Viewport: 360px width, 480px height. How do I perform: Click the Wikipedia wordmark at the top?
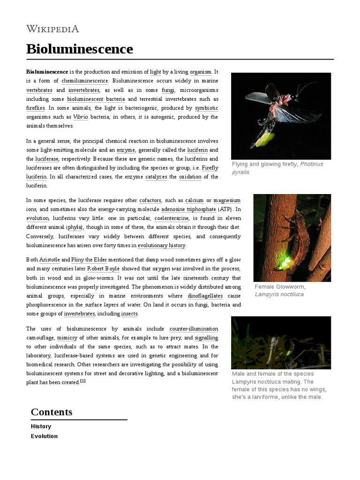52,29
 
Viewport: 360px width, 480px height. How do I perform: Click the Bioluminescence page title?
80,49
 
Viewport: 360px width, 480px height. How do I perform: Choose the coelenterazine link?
172,218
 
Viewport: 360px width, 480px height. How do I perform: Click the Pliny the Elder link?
90,260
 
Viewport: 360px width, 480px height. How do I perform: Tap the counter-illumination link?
194,329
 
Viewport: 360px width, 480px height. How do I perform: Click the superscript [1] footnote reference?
82,381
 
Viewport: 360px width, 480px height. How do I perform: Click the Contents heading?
52,412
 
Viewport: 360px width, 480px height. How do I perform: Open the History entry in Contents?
41,427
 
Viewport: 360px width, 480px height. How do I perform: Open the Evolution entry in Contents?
44,436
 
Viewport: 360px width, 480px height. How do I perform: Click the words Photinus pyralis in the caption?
277,168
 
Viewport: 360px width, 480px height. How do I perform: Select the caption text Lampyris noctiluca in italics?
279,294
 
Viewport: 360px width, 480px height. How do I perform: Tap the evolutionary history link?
162,245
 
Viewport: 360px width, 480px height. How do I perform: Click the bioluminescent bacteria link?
96,99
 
